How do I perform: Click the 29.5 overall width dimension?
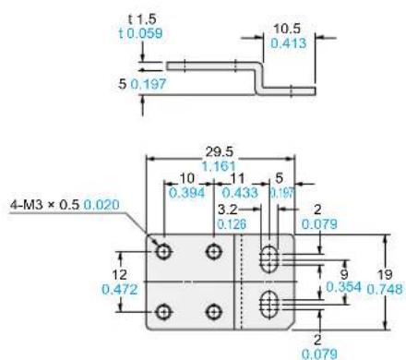click(x=220, y=151)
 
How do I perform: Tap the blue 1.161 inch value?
click(x=219, y=166)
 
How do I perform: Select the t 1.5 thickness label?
click(x=142, y=19)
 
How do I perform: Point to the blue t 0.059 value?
click(x=140, y=33)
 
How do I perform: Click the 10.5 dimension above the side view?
click(x=287, y=29)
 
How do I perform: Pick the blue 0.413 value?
click(x=289, y=43)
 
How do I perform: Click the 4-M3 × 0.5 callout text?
click(x=45, y=205)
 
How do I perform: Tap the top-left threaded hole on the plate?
click(x=163, y=252)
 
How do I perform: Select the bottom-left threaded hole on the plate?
click(x=163, y=312)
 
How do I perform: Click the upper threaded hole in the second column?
click(x=214, y=252)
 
